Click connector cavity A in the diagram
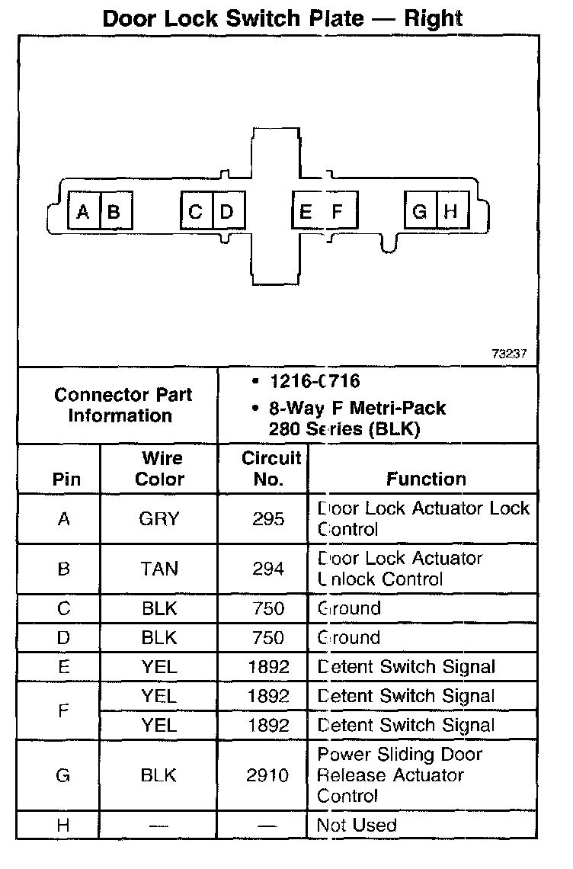pos(84,211)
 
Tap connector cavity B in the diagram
pos(115,211)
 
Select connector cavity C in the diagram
pos(196,211)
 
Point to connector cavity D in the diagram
pos(226,211)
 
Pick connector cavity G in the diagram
pos(420,211)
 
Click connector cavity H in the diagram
pos(451,211)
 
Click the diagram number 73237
pos(509,354)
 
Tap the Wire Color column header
pos(159,469)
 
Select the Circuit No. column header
pos(263,469)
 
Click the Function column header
pos(426,479)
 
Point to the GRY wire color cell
pos(159,519)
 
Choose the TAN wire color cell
pos(159,569)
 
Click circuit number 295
pos(268,519)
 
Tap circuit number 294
pos(268,569)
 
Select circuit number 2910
pos(268,775)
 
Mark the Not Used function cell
pos(357,825)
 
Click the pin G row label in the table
pos(63,775)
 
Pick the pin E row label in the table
pos(63,667)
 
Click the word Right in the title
pos(434,18)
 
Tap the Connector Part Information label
pos(123,405)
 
